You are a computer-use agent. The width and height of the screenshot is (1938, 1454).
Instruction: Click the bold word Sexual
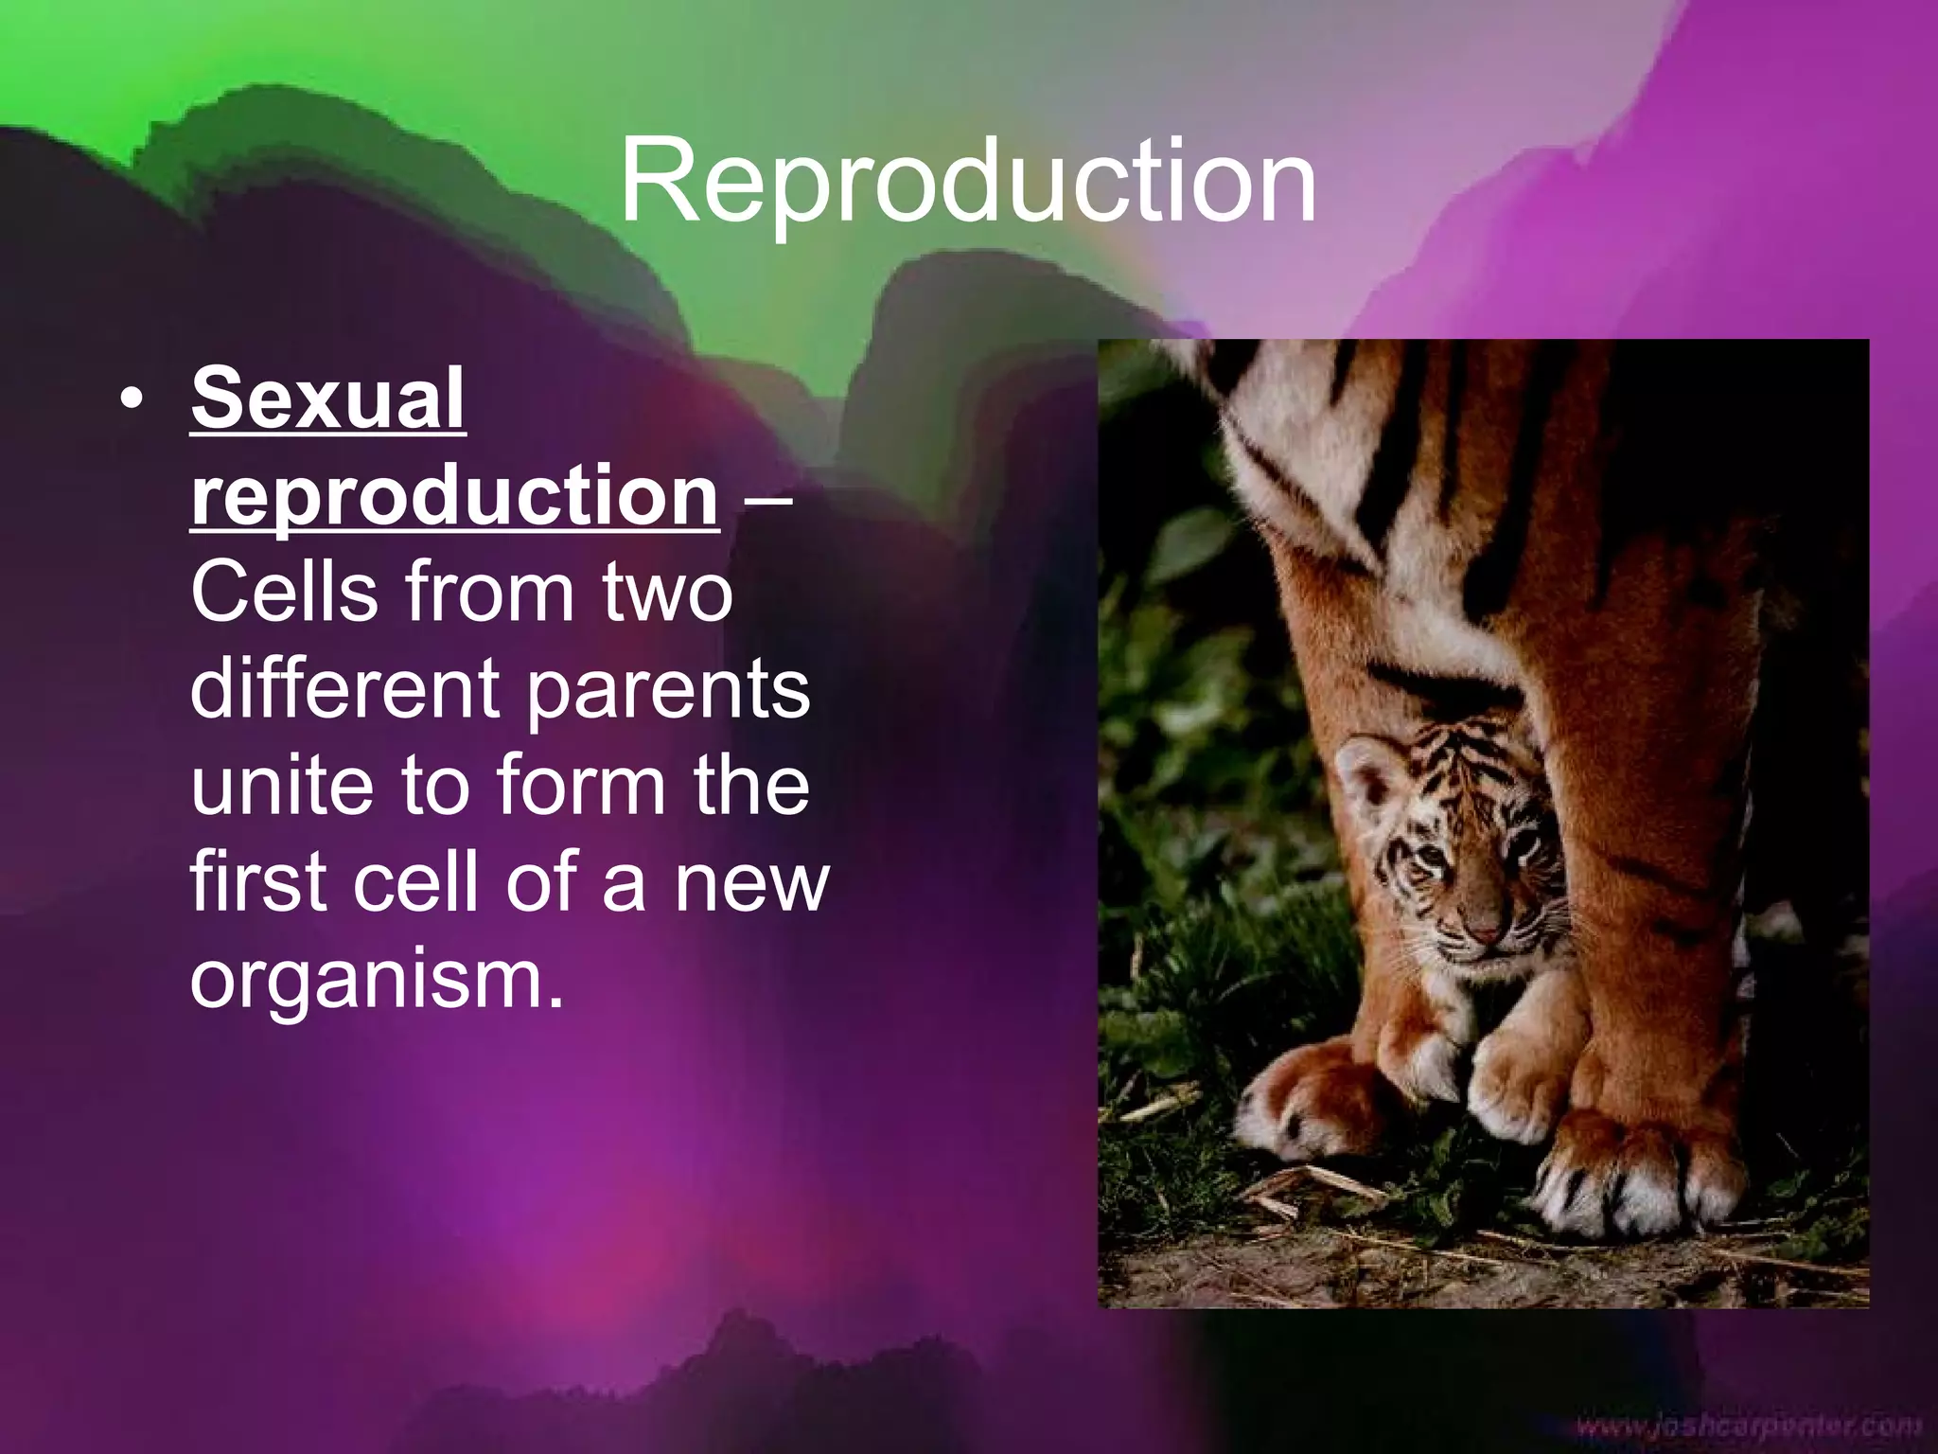(327, 399)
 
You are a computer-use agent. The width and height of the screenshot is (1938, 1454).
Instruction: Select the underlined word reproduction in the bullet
(454, 496)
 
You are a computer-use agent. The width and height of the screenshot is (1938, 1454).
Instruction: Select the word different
(345, 689)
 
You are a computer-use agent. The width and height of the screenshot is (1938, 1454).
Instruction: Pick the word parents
(667, 691)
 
